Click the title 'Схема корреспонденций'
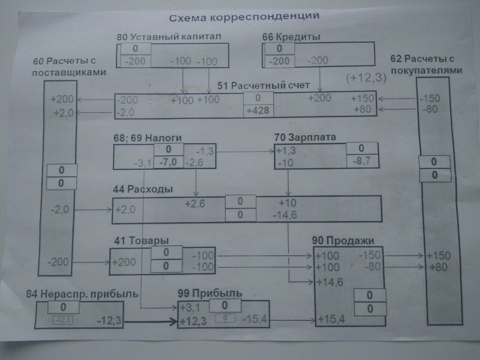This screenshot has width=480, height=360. (244, 17)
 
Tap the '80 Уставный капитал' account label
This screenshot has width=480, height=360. (169, 37)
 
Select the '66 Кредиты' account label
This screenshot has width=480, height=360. (291, 37)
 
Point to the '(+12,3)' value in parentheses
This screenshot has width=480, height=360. (366, 78)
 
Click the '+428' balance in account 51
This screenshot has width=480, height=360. (258, 111)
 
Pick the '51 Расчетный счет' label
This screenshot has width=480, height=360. (263, 85)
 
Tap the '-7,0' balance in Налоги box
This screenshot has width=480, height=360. (168, 162)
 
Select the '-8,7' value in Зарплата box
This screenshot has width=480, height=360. (361, 161)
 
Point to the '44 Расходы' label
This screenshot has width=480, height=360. (143, 189)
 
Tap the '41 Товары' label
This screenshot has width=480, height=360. (141, 240)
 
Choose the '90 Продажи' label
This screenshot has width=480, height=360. (343, 240)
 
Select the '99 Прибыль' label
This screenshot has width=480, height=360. (210, 293)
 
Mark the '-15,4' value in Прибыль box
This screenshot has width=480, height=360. (255, 319)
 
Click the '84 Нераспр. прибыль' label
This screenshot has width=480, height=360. (82, 294)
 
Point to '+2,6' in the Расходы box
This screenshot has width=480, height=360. (195, 204)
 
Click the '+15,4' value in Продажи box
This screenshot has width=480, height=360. (331, 319)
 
